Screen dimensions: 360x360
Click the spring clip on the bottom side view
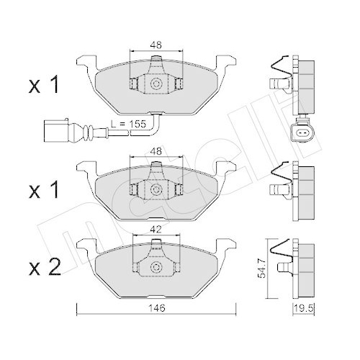(282, 251)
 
